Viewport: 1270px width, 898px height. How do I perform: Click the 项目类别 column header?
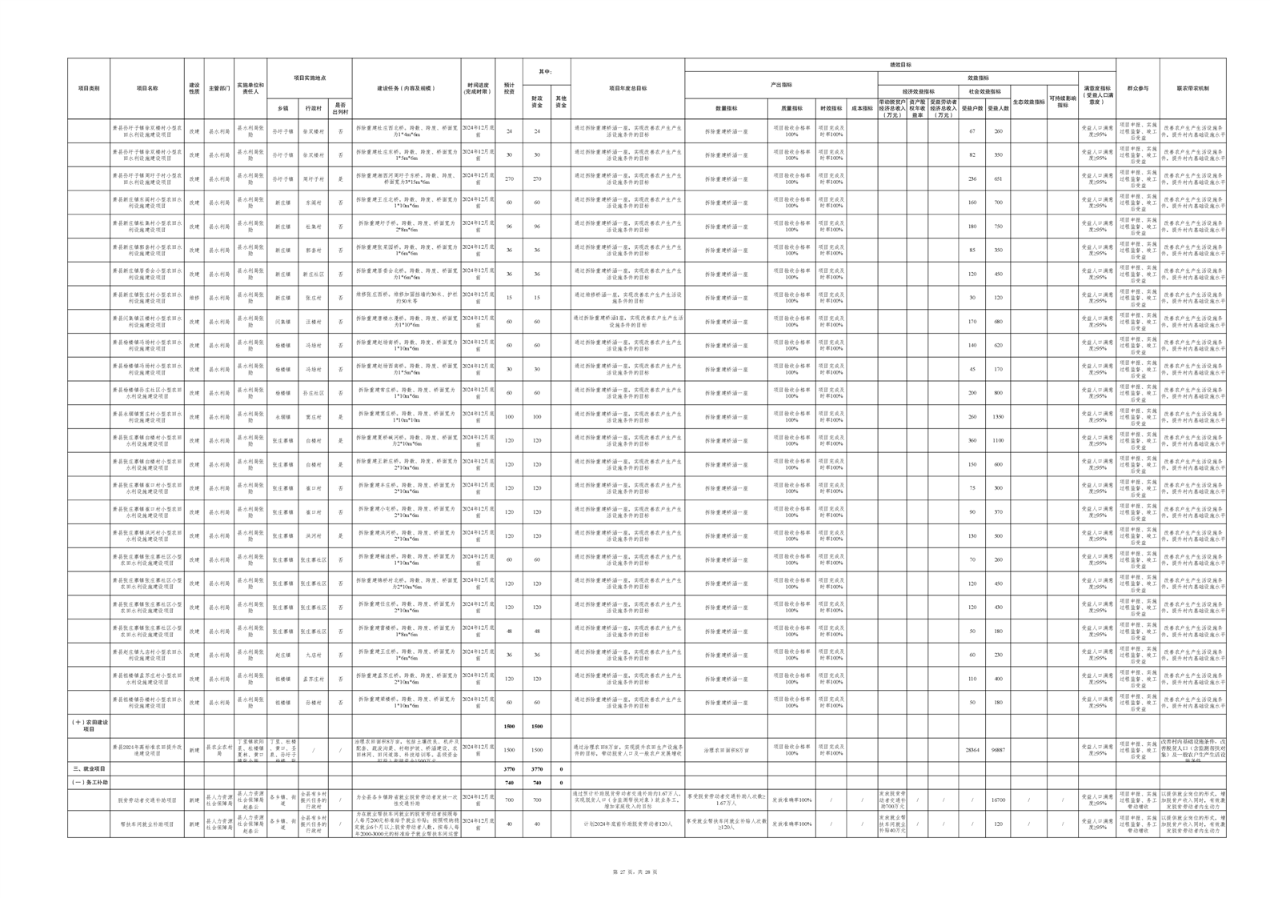coord(89,89)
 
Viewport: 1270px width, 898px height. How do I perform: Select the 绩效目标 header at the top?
coord(900,65)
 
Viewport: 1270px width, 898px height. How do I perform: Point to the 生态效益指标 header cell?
coord(1028,102)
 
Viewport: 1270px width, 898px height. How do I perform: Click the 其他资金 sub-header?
coord(561,102)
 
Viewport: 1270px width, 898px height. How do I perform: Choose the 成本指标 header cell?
coord(862,108)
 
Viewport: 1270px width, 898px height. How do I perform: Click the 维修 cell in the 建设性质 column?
coord(194,298)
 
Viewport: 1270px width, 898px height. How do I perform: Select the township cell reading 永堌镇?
coord(282,417)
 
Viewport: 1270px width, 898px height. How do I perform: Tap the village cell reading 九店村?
coord(313,655)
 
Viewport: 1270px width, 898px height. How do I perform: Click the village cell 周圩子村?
coord(313,179)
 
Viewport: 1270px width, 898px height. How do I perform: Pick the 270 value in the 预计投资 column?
coord(509,179)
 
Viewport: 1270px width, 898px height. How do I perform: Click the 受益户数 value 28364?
coord(972,750)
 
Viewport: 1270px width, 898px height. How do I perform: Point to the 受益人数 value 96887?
coord(998,750)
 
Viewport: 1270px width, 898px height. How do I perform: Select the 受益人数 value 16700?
coord(998,800)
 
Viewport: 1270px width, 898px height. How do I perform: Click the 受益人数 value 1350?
coord(998,417)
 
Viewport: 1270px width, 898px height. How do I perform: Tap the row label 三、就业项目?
coord(88,768)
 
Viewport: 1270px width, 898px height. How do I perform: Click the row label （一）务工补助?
coord(89,782)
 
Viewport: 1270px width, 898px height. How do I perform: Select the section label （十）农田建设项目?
coord(89,726)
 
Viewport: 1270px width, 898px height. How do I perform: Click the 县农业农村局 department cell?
coord(218,750)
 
